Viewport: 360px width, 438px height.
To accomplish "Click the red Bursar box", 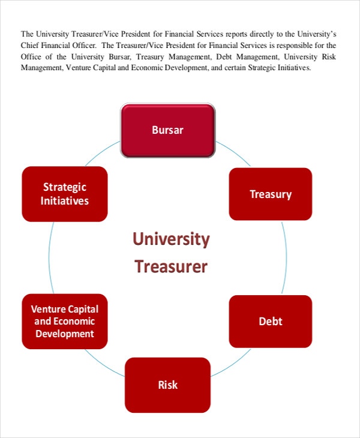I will click(x=168, y=130).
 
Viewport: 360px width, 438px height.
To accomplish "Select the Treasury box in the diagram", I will click(x=271, y=194).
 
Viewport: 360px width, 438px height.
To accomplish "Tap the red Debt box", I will click(x=271, y=321).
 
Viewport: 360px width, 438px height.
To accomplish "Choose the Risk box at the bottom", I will click(x=168, y=385).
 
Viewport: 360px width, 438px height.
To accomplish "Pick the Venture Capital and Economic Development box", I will click(x=65, y=321).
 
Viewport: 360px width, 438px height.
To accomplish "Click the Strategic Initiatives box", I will click(x=65, y=194).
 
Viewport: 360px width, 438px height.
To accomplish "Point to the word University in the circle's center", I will click(x=171, y=240).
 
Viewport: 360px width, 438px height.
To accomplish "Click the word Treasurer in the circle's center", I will click(x=171, y=266).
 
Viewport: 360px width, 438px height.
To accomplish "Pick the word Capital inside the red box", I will click(x=83, y=309).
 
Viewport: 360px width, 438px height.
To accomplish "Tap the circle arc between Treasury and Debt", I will click(x=287, y=258).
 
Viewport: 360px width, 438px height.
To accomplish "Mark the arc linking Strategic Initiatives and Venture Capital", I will click(x=49, y=258).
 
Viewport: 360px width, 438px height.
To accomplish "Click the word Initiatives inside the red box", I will click(x=65, y=201).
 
